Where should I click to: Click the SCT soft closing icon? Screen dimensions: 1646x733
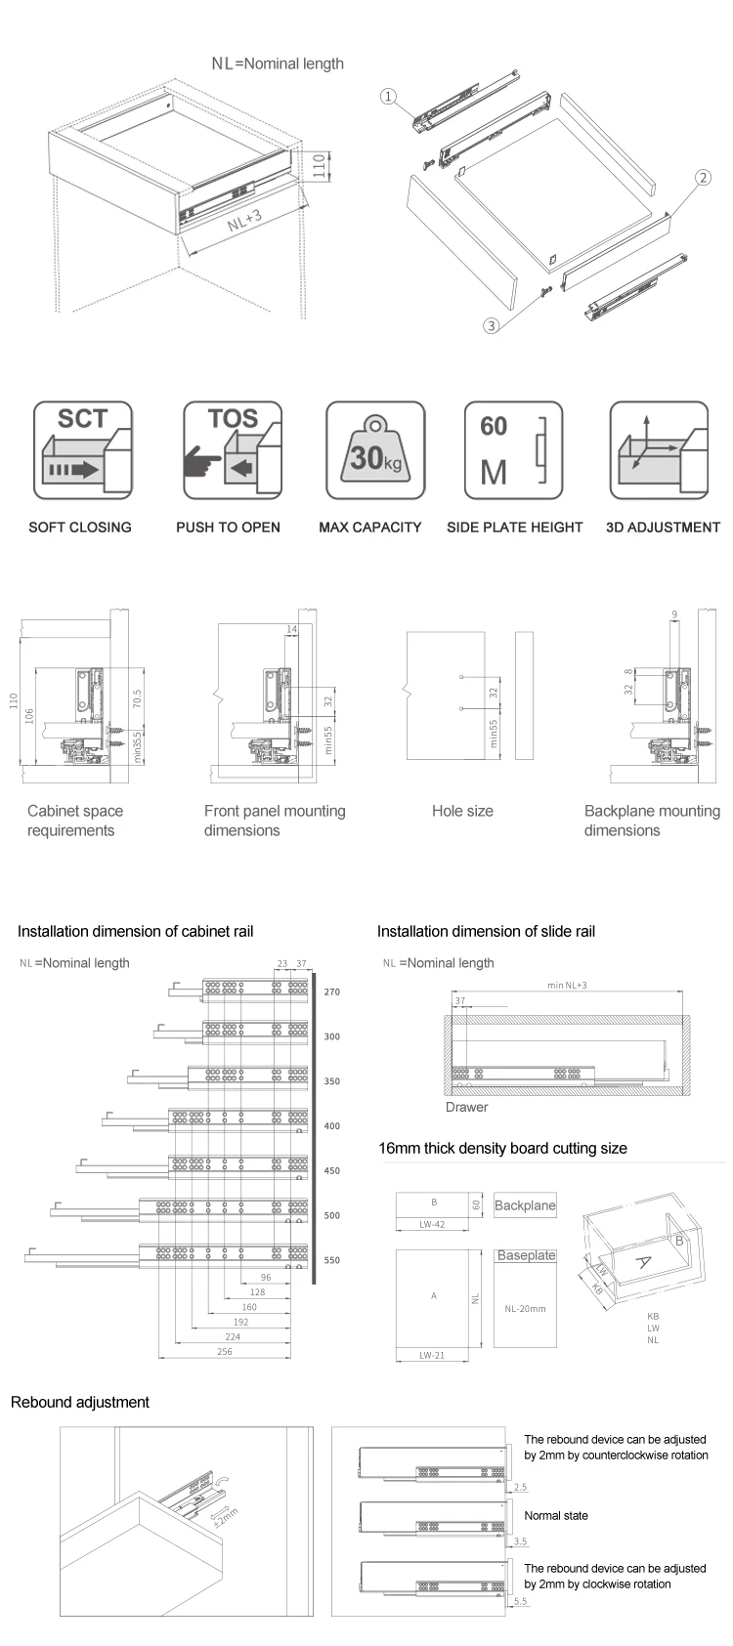(82, 450)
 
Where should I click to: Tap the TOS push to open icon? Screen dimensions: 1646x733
(232, 450)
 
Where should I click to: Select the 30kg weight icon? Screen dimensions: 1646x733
(375, 450)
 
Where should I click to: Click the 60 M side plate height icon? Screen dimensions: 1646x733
(514, 450)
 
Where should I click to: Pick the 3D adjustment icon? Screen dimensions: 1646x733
(659, 450)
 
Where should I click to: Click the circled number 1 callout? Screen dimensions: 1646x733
(388, 96)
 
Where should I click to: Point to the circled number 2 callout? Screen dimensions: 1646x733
(702, 178)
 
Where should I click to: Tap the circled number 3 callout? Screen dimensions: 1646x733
(492, 325)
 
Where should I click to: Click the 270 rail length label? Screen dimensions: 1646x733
(332, 992)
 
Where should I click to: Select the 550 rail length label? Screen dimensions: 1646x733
(332, 1260)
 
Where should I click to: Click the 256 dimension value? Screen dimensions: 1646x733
(224, 1352)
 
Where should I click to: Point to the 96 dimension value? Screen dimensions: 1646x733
(266, 1278)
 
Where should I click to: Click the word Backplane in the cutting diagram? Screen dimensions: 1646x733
(525, 1205)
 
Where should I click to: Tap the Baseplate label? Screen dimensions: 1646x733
(526, 1255)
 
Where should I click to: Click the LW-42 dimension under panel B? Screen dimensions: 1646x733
(433, 1223)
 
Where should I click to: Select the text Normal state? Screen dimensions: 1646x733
(556, 1515)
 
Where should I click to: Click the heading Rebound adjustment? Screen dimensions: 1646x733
(80, 1402)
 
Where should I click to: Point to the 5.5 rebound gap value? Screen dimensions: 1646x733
(519, 1601)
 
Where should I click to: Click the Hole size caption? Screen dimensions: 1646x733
(462, 811)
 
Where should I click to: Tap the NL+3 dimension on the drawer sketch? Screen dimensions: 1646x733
(243, 221)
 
